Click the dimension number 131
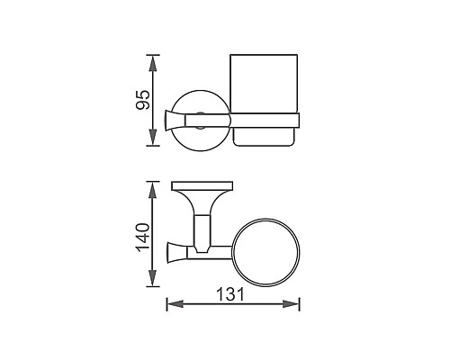pos(232,292)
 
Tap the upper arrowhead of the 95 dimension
pos(155,61)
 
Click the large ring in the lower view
pos(266,249)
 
